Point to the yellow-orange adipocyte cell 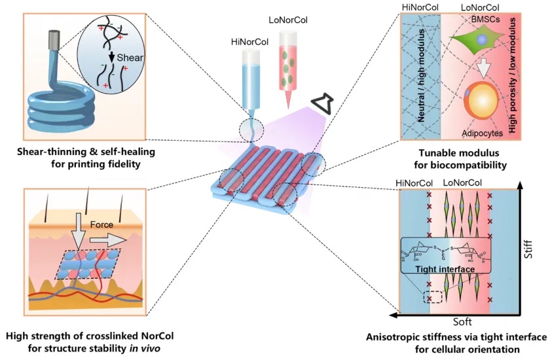click(483, 103)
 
